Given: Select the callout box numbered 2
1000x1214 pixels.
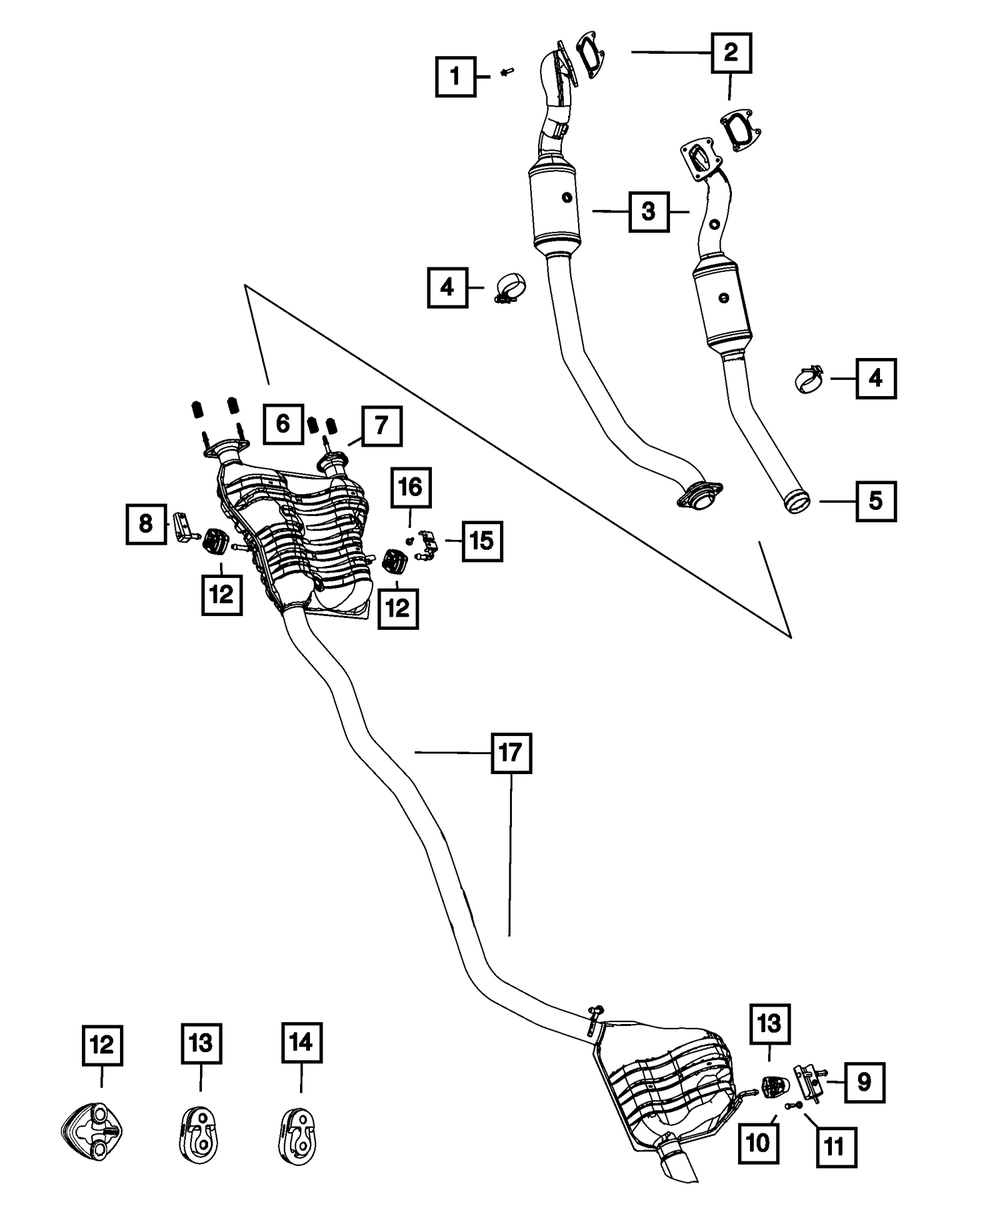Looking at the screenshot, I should (731, 52).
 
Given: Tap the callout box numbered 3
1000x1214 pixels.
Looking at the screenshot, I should (649, 211).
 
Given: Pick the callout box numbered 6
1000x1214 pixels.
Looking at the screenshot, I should (283, 425).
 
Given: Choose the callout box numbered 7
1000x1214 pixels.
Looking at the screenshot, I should (381, 428).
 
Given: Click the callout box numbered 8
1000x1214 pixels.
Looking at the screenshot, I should (146, 524).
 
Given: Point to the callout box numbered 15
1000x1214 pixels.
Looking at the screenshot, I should (481, 541).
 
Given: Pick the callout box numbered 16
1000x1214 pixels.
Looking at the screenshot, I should (410, 488).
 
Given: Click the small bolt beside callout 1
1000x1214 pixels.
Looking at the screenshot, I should (507, 72).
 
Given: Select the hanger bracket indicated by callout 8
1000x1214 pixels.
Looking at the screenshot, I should (181, 527).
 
